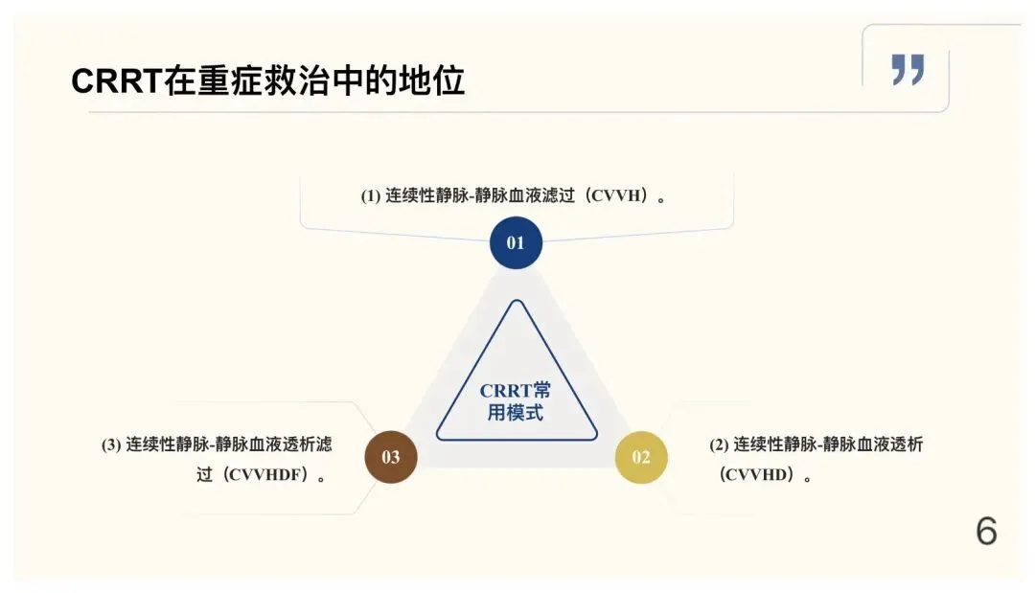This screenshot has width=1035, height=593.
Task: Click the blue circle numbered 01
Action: point(516,242)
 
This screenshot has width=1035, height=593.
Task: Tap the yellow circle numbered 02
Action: point(641,457)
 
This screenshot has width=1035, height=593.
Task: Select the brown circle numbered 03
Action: point(391,457)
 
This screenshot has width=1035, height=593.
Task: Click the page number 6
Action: point(986,531)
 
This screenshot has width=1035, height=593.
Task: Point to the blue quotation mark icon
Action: point(908,70)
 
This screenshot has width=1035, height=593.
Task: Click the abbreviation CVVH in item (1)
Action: point(616,195)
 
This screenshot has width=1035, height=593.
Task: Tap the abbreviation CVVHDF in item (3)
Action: point(265,475)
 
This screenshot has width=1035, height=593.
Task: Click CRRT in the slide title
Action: point(117,81)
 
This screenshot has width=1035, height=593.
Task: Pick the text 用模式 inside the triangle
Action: point(516,413)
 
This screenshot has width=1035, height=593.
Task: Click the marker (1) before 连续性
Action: point(370,195)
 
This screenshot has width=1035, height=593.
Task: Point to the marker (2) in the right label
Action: point(719,445)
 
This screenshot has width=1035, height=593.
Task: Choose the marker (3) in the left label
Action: point(111,445)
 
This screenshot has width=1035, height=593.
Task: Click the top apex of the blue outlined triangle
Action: point(517,301)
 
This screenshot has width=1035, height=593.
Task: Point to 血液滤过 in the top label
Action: point(540,195)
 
